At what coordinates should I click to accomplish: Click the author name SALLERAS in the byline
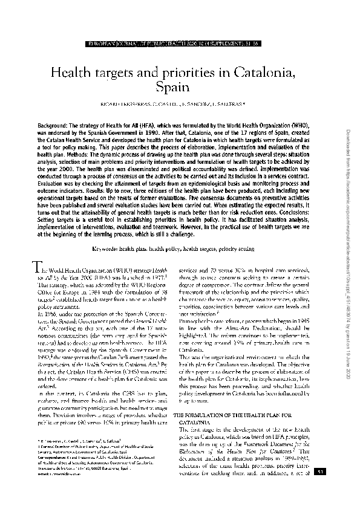tap(228, 103)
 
